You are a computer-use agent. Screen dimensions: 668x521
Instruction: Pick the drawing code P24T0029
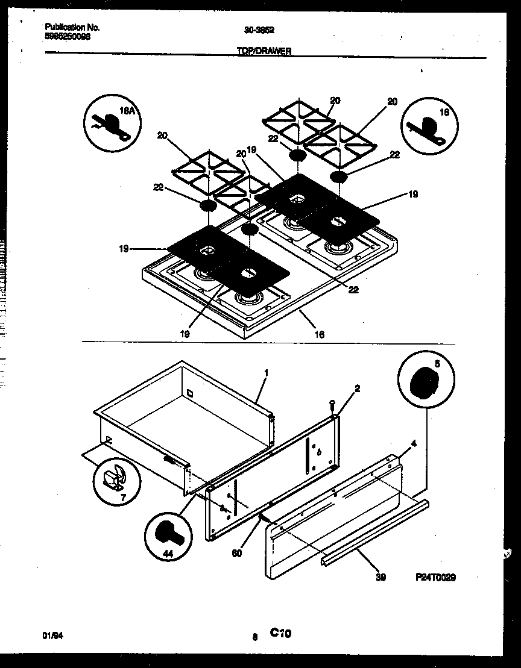(x=435, y=576)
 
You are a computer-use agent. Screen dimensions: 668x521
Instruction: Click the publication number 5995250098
(x=68, y=36)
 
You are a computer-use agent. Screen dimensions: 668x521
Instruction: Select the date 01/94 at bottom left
(x=52, y=635)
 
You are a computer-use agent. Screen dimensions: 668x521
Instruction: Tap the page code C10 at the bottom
(x=280, y=633)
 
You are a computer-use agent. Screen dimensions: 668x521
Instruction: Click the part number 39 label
(x=380, y=577)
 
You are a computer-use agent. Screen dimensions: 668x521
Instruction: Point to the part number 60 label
(x=238, y=554)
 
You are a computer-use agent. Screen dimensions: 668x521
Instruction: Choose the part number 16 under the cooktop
(x=320, y=334)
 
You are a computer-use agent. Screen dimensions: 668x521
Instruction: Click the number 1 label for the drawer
(x=266, y=373)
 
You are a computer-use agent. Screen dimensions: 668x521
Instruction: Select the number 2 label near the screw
(x=357, y=389)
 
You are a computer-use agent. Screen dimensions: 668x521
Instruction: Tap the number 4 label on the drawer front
(x=413, y=445)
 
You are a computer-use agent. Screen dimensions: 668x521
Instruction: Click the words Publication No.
(x=72, y=27)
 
